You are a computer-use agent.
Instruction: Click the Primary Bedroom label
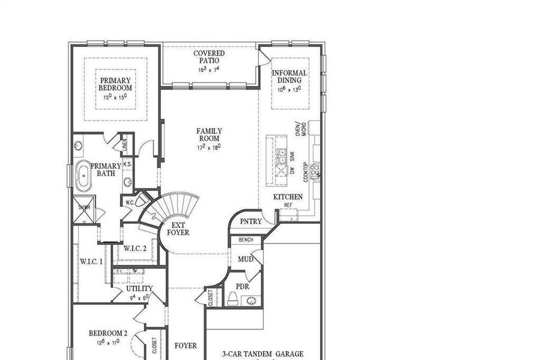pos(115,84)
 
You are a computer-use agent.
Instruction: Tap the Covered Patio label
pos(209,58)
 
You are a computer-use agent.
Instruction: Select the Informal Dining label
pos(289,77)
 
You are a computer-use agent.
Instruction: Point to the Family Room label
pos(209,135)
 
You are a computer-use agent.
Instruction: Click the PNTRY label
pos(251,221)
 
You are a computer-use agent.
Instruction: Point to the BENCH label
pos(246,240)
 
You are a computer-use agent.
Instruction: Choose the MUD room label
pos(245,259)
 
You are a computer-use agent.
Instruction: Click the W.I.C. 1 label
pos(91,262)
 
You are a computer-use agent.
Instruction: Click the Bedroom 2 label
pos(108,334)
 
